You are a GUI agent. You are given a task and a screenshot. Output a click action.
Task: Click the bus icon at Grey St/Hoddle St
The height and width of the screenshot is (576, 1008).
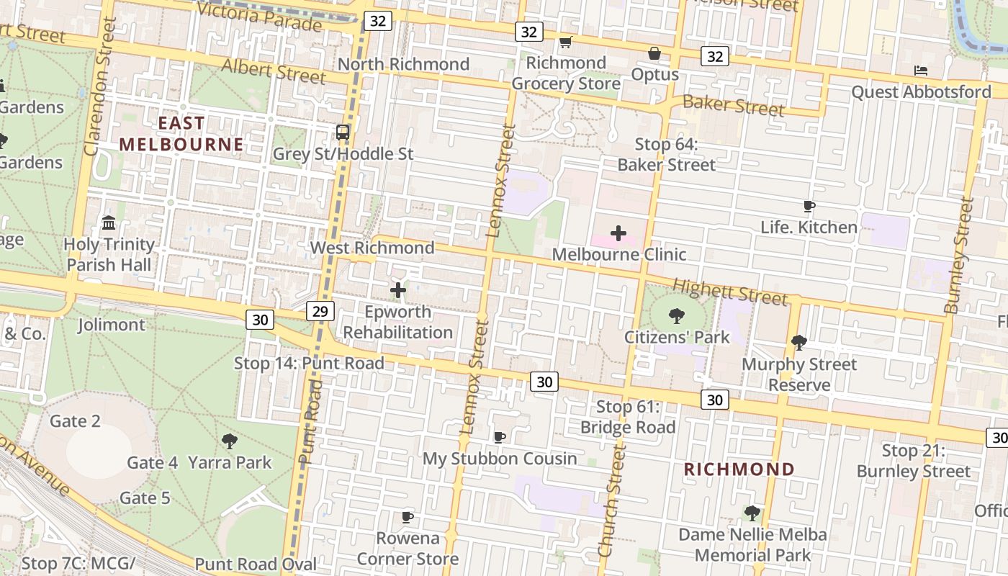[343, 132]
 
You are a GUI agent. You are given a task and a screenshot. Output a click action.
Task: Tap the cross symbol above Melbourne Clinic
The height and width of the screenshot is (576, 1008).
[618, 233]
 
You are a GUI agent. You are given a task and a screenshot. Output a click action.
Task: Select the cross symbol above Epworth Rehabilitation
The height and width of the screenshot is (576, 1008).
[397, 290]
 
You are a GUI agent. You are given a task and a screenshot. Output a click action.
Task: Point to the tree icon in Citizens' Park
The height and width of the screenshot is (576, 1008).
[675, 315]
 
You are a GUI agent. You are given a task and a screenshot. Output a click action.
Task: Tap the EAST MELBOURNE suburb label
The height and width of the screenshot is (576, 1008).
[181, 134]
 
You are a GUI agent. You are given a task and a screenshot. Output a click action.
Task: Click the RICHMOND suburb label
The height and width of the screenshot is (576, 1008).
[739, 469]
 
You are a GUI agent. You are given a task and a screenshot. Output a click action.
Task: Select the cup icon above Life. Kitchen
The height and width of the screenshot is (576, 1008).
[809, 207]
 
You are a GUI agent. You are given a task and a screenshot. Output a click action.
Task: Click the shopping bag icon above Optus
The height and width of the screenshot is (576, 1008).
[654, 53]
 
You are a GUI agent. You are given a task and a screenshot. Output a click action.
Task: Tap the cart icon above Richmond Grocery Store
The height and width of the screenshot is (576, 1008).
[565, 42]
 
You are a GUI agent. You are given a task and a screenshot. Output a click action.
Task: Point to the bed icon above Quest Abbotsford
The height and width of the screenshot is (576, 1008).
[920, 71]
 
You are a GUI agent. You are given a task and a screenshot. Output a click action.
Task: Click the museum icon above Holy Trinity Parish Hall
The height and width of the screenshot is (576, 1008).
[109, 222]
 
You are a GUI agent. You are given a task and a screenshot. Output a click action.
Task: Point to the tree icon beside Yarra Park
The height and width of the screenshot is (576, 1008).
[230, 441]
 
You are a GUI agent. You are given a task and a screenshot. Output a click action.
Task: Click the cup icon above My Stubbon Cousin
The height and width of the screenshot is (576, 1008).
[499, 437]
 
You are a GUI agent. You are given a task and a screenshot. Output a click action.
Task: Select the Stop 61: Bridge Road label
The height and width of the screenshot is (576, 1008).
[628, 417]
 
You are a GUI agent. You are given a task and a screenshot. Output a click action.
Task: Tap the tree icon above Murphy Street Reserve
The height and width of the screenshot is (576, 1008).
[798, 343]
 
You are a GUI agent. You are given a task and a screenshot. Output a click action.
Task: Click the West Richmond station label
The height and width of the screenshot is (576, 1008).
[372, 248]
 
